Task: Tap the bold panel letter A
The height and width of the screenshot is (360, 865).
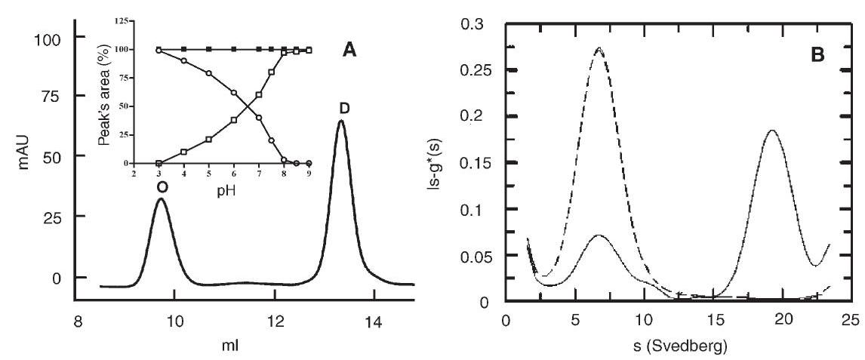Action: click(x=349, y=50)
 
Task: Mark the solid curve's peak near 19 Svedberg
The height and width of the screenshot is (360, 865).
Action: click(x=771, y=130)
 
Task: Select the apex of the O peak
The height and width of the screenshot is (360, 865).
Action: click(x=161, y=199)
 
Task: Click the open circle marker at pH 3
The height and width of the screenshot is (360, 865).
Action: click(x=159, y=51)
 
